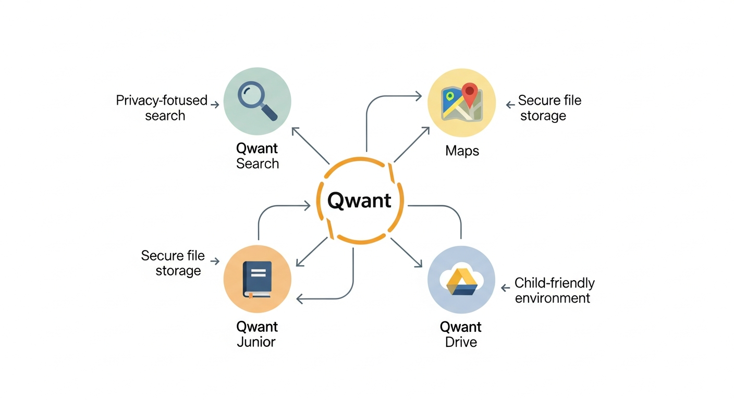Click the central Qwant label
[360, 200]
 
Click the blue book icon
[257, 279]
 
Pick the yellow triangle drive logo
[461, 282]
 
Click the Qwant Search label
[257, 156]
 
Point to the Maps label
[462, 151]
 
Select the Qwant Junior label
[256, 334]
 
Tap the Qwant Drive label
[460, 334]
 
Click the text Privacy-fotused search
[162, 108]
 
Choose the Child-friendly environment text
[554, 290]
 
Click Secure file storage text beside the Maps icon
[549, 108]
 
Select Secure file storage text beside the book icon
[173, 263]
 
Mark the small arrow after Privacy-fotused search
[214, 105]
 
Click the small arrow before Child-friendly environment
[505, 287]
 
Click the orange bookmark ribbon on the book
[251, 296]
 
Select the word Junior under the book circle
[256, 342]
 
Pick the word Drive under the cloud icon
[461, 342]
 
